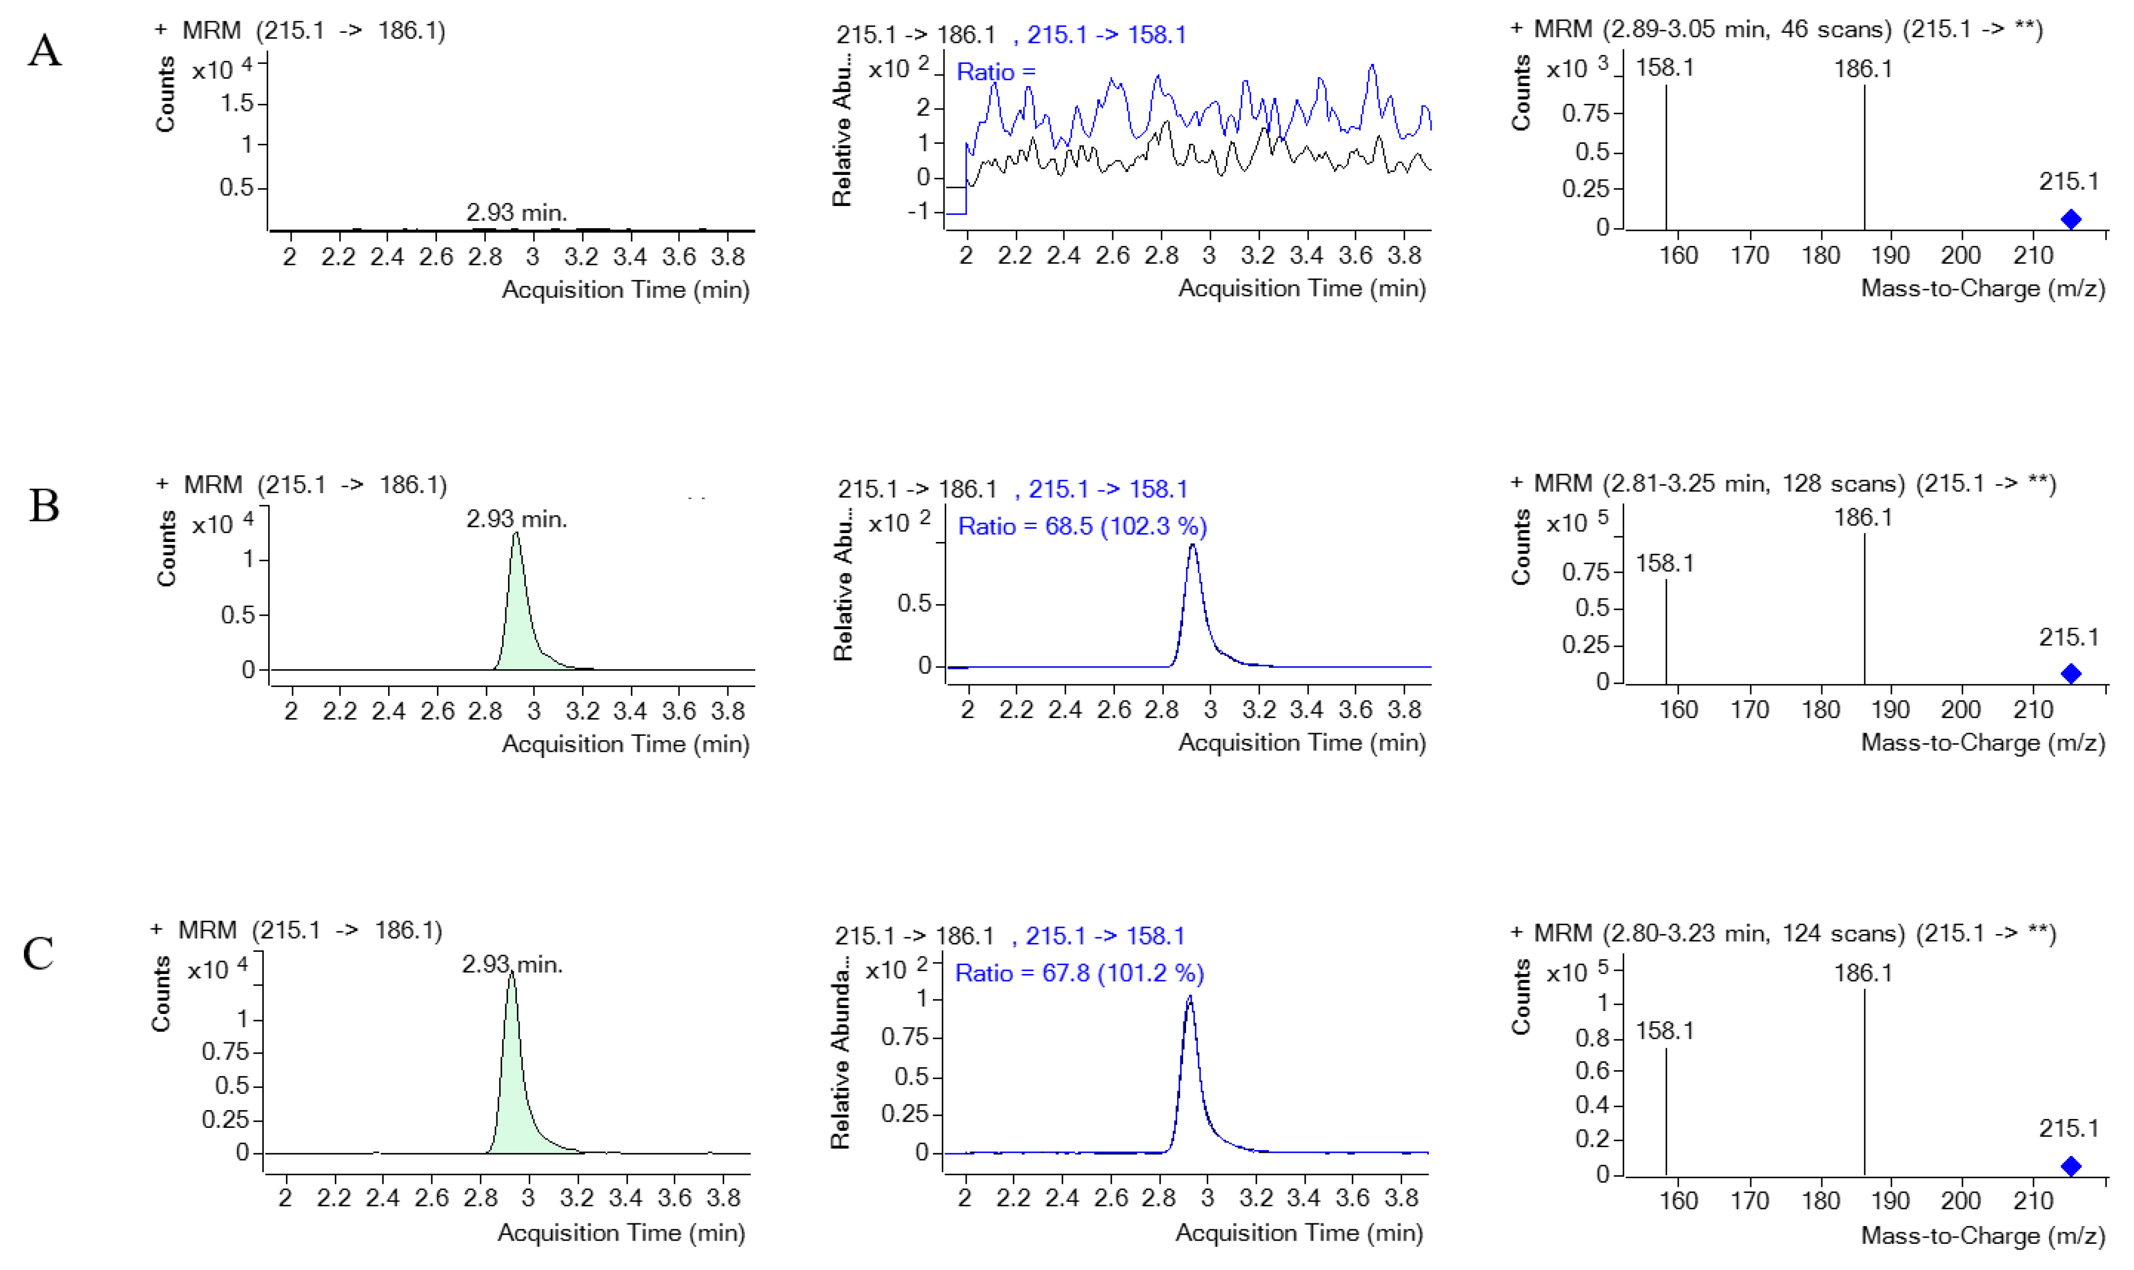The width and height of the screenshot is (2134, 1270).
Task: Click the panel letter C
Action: pyautogui.click(x=38, y=953)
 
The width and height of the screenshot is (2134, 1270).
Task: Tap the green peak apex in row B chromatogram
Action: pyautogui.click(x=516, y=535)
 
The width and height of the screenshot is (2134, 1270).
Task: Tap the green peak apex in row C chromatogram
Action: pyautogui.click(x=511, y=973)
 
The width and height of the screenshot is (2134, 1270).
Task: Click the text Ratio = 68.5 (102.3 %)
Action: pyautogui.click(x=1082, y=526)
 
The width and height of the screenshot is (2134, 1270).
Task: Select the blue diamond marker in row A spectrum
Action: pyautogui.click(x=2071, y=219)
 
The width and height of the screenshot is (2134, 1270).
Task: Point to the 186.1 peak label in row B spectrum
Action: pyautogui.click(x=1863, y=517)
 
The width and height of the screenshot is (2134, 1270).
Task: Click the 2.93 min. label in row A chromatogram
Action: pyautogui.click(x=516, y=212)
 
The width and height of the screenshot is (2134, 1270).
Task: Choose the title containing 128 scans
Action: pyautogui.click(x=1783, y=484)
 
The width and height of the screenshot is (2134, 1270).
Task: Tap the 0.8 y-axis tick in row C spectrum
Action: pyautogui.click(x=1593, y=1038)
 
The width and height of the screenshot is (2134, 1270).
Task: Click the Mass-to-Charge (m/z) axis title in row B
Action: pyautogui.click(x=1982, y=743)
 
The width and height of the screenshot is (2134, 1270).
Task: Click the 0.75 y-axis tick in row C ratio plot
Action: pyautogui.click(x=905, y=1037)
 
